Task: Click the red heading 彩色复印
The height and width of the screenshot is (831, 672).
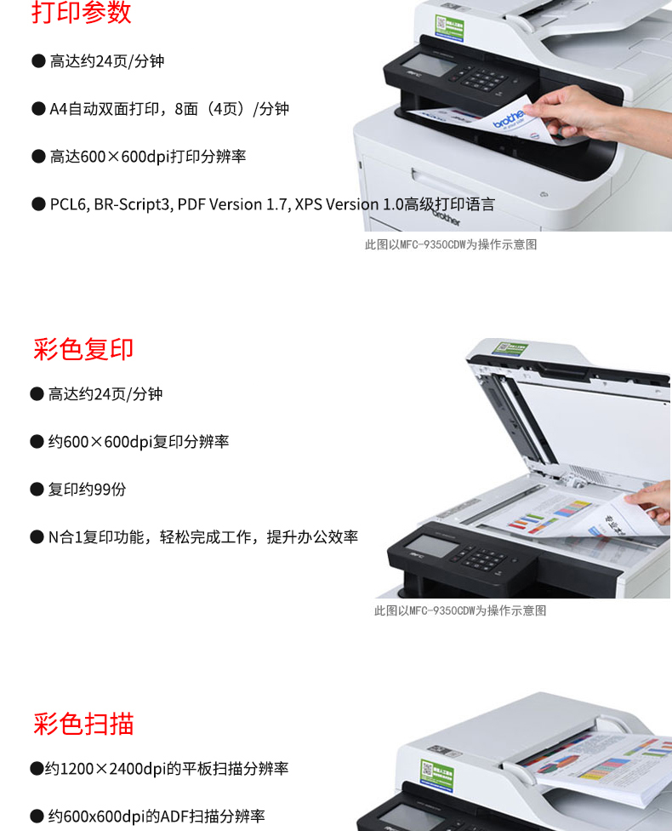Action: pos(83,349)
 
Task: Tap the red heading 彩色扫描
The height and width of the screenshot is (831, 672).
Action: pos(83,724)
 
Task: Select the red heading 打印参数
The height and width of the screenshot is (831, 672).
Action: pos(81,12)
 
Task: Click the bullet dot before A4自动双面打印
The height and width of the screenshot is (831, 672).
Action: pos(38,109)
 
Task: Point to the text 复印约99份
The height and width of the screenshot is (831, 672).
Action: pos(88,490)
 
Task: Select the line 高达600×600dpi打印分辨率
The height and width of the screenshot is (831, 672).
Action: pos(148,157)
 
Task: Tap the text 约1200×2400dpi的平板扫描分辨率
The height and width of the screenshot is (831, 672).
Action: pos(166,769)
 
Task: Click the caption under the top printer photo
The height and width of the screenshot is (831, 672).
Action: pos(451,245)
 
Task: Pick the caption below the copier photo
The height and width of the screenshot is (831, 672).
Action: pos(460,611)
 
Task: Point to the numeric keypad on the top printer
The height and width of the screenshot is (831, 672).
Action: pos(479,79)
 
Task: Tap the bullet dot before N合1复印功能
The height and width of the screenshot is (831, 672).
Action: pos(37,537)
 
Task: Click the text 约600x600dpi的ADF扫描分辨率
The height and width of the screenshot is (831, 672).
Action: pos(157,817)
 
